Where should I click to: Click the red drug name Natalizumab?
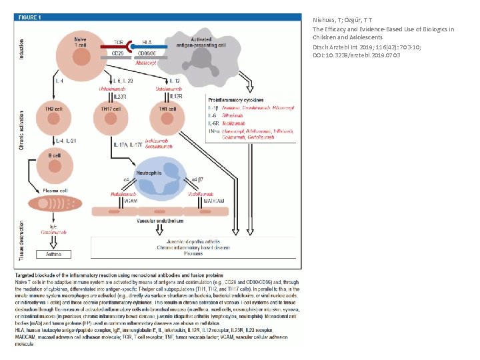click(124, 194)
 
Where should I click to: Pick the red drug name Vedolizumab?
click(199, 194)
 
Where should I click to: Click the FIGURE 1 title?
click(27, 15)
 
